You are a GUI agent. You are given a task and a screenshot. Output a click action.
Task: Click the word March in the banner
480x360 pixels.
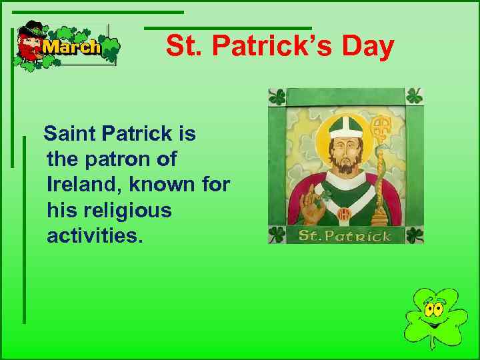[71, 47]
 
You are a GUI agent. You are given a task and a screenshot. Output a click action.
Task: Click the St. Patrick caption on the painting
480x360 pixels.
[345, 235]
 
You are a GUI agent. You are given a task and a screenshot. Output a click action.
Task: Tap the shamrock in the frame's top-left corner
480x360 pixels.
[277, 97]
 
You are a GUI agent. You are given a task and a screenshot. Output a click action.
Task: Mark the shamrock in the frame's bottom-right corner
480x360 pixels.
[415, 235]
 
